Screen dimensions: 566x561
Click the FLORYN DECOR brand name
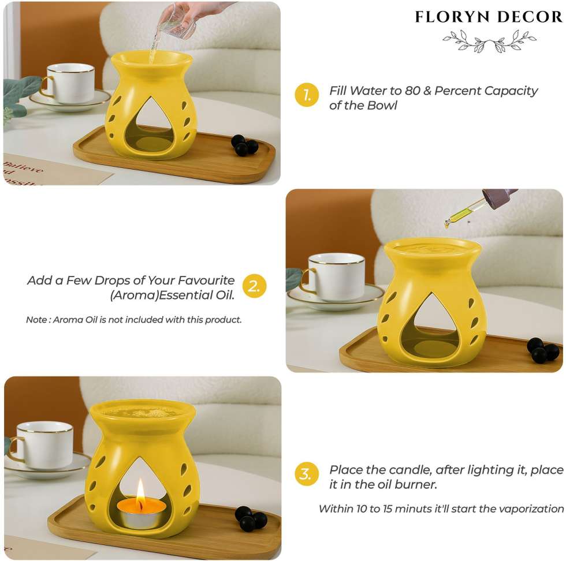click(x=489, y=17)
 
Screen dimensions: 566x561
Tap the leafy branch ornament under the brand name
click(x=490, y=41)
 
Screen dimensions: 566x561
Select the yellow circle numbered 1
click(x=307, y=95)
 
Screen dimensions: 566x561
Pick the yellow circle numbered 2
click(x=255, y=286)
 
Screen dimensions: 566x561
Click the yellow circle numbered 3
click(x=307, y=474)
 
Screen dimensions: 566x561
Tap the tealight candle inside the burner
click(x=141, y=513)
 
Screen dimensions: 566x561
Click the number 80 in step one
click(x=412, y=91)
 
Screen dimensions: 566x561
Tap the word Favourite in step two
click(x=206, y=280)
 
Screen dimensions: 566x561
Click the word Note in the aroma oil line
click(x=36, y=320)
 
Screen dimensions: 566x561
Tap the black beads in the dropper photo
click(x=543, y=350)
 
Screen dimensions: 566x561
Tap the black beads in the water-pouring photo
click(x=244, y=145)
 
